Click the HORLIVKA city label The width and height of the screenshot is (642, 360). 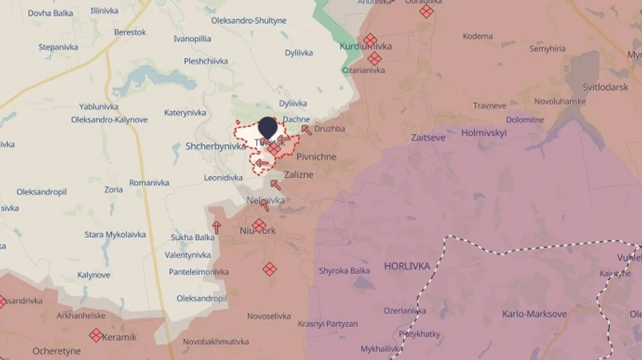407,266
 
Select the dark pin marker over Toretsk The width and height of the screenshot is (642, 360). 267,128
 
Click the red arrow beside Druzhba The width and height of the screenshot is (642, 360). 306,130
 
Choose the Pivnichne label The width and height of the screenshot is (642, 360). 316,157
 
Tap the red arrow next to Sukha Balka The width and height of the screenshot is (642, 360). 216,228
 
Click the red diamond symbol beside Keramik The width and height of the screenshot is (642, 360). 96,335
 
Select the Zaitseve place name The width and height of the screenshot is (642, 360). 428,137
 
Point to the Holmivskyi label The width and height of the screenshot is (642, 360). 484,133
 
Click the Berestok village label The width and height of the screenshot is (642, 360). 130,32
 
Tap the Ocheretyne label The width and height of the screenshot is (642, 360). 56,351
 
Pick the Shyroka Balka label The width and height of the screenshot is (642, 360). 345,271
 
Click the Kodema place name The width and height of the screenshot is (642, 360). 477,36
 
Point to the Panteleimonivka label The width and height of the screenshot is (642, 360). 199,272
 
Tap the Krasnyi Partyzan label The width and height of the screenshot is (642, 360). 328,324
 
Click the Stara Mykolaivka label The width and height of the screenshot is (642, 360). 115,235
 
